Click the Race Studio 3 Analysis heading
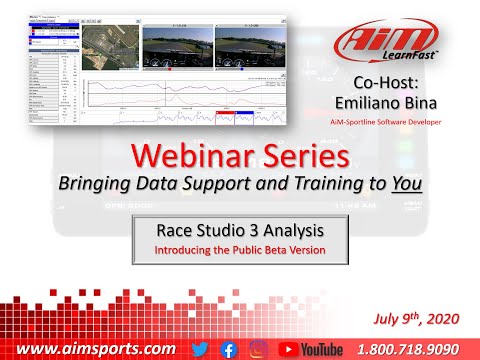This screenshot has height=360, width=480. click(x=238, y=228)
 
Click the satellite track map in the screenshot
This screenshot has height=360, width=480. click(x=110, y=51)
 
